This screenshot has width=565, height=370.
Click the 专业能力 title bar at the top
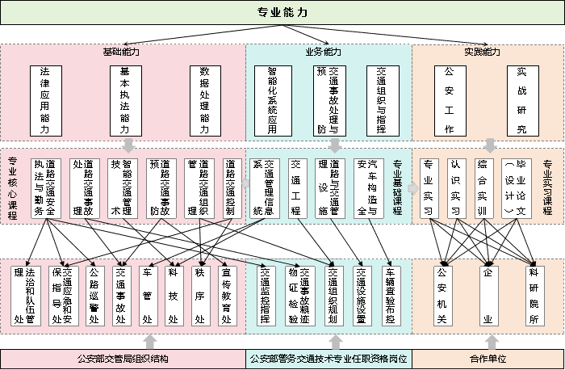click(282, 12)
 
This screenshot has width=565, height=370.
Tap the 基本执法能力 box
click(124, 100)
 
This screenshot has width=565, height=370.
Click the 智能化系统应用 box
click(272, 100)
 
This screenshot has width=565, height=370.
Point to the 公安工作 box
click(450, 100)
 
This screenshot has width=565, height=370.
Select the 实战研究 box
click(521, 100)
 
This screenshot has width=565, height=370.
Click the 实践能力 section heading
click(482, 52)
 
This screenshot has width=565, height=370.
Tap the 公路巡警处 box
click(94, 295)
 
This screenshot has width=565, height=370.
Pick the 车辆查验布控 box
click(389, 295)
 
